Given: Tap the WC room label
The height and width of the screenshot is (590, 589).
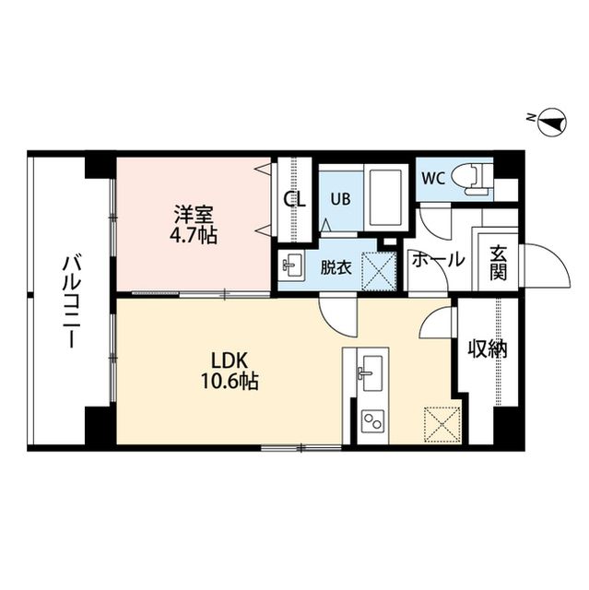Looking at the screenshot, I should pos(433,177).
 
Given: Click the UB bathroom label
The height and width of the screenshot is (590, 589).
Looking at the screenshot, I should pos(339,197).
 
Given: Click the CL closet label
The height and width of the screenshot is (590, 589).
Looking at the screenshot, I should pos(294,199).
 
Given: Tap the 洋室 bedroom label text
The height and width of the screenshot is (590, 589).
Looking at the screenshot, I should pos(194,215).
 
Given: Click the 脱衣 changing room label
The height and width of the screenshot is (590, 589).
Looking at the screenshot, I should pos(335,268).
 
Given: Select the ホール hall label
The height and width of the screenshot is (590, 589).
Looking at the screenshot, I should pos(438,261).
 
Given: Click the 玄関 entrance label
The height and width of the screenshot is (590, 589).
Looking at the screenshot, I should pos(499,262).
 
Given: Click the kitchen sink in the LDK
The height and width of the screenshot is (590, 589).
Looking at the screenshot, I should pos(370,374).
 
